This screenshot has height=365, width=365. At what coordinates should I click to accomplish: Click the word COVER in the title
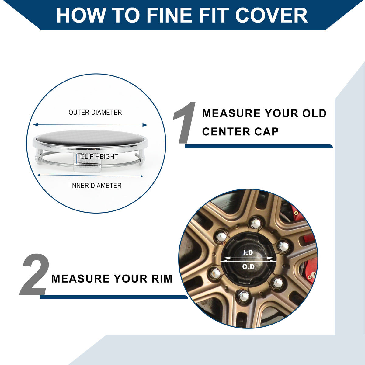pos(271,16)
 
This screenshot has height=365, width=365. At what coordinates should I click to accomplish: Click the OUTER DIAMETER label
pos(95,112)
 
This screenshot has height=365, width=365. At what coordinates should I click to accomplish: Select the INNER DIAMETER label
pos(96,186)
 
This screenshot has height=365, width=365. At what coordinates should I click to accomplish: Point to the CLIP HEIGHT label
pos(99,156)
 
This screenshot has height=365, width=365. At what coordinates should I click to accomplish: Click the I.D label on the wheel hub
pos(248,252)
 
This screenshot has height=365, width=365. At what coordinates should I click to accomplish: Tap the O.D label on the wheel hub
pos(248,267)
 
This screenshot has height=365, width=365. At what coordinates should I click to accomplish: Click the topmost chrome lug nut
pos(255,223)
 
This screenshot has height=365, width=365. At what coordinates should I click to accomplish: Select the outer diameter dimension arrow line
pos(90,125)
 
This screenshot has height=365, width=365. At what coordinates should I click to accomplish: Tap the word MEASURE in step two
pos(81,279)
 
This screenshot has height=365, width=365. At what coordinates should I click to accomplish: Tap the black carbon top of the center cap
pos(90,138)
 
